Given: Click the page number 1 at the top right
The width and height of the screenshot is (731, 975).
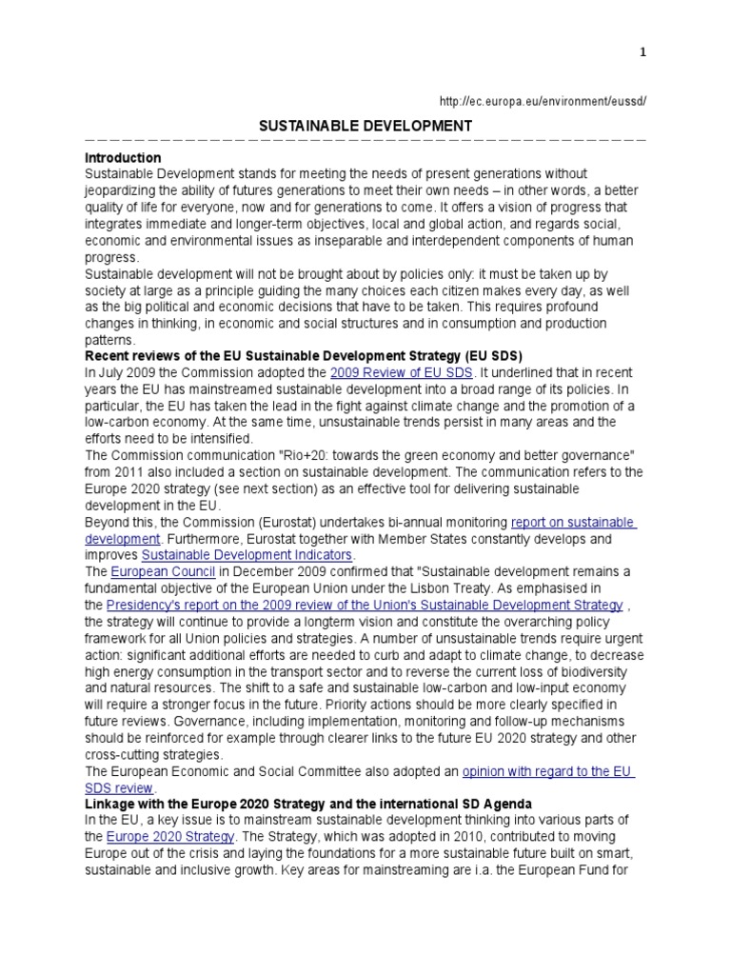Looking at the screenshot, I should pos(642,53).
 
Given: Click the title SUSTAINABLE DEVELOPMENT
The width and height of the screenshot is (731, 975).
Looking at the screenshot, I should pos(365,125).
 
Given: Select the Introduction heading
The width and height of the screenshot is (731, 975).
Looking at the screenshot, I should pos(123,157).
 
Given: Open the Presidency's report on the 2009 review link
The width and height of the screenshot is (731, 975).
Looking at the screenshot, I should pos(365,605).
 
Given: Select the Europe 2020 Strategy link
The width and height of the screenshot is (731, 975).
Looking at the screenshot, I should pos(170,837).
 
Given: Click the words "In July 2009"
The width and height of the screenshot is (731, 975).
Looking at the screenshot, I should pos(124,372).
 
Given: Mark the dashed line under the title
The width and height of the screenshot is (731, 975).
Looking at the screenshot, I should pos(365,141).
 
